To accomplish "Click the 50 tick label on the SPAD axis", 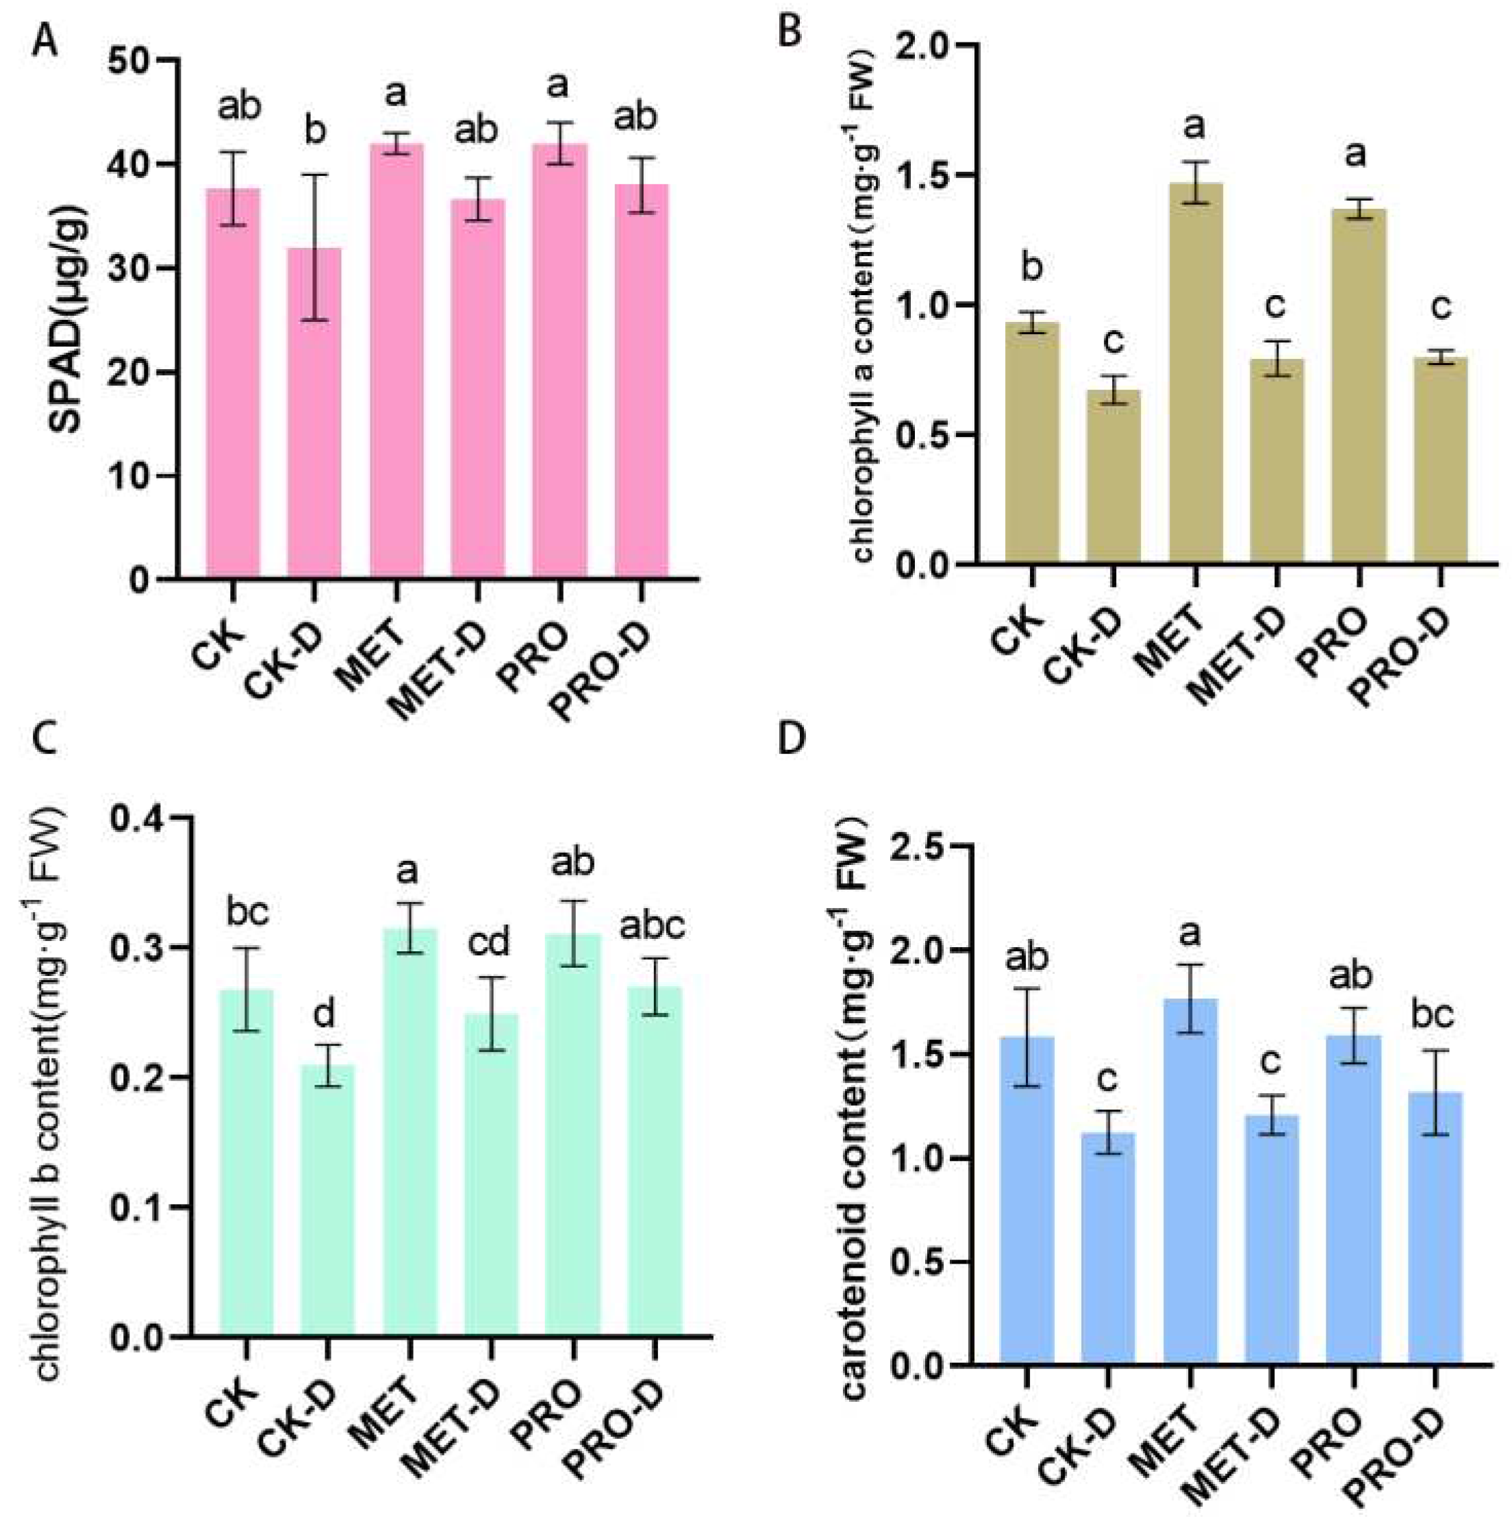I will (128, 61).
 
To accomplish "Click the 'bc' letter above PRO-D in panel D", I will (1433, 1014).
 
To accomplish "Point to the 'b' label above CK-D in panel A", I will (315, 131).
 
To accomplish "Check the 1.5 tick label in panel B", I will (918, 176).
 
